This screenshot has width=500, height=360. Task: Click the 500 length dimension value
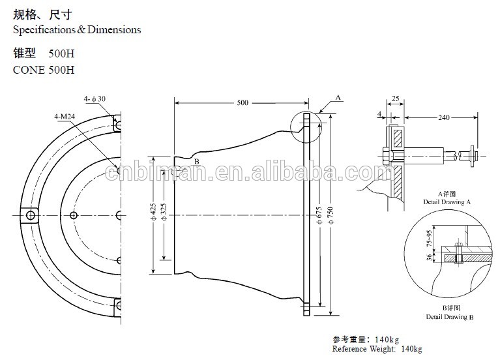[x=243, y=103]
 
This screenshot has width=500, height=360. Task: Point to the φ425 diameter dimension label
[x=153, y=214]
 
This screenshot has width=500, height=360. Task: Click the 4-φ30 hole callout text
[x=95, y=98]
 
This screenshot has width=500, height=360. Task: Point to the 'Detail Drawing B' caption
[x=449, y=317]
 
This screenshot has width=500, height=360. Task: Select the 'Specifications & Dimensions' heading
[x=77, y=30]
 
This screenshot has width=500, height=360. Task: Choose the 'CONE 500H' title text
[x=44, y=70]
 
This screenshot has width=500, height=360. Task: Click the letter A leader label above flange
[x=338, y=96]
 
